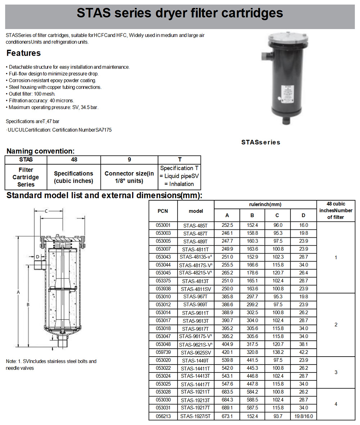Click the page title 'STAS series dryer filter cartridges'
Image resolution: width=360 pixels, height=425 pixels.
click(x=180, y=14)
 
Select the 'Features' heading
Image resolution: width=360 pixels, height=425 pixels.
click(x=24, y=53)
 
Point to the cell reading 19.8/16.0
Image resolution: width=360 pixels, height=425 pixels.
click(x=303, y=416)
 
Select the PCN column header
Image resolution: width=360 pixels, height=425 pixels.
click(x=162, y=211)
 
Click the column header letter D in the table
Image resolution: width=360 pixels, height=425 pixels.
click(x=303, y=215)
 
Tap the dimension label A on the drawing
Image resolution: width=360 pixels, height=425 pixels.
click(x=18, y=292)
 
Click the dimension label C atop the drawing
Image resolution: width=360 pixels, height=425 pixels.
click(x=46, y=211)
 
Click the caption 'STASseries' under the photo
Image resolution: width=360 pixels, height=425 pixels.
click(x=261, y=142)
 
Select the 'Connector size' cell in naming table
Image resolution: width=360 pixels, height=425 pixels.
click(x=129, y=177)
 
